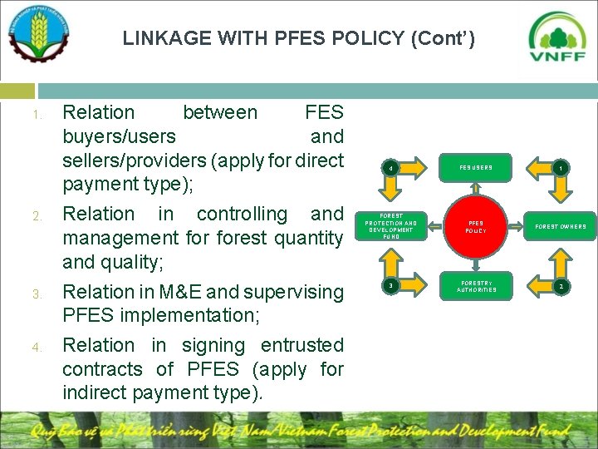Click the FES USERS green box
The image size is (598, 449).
pyautogui.click(x=476, y=168)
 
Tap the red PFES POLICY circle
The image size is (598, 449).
pyautogui.click(x=476, y=226)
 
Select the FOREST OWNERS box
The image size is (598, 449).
pyautogui.click(x=560, y=226)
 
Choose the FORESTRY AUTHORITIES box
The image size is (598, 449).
pyautogui.click(x=476, y=287)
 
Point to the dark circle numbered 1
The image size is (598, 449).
pyautogui.click(x=561, y=168)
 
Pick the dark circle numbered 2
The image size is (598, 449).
pyautogui.click(x=561, y=287)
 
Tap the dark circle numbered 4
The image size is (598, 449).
pyautogui.click(x=390, y=169)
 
